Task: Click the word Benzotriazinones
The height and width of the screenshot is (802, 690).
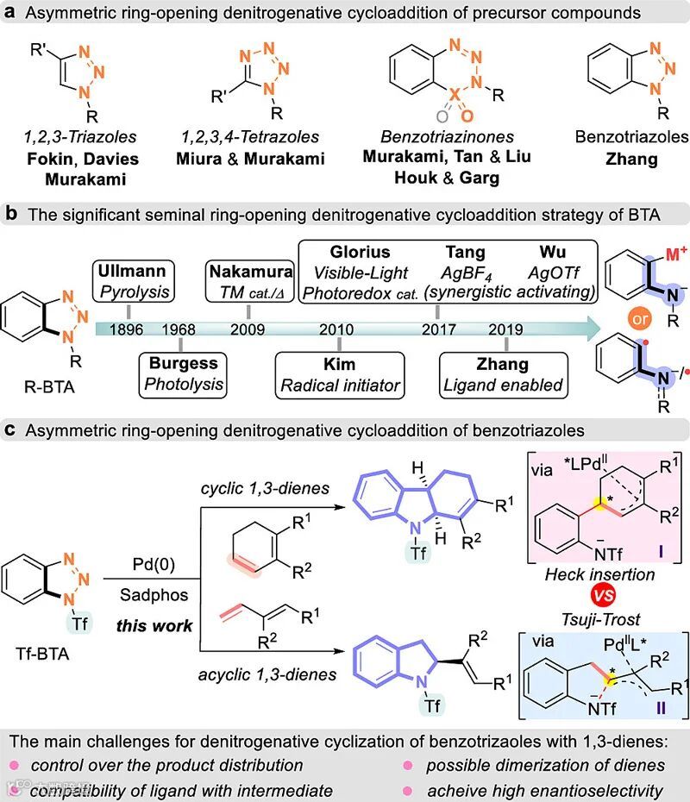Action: click(x=436, y=136)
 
